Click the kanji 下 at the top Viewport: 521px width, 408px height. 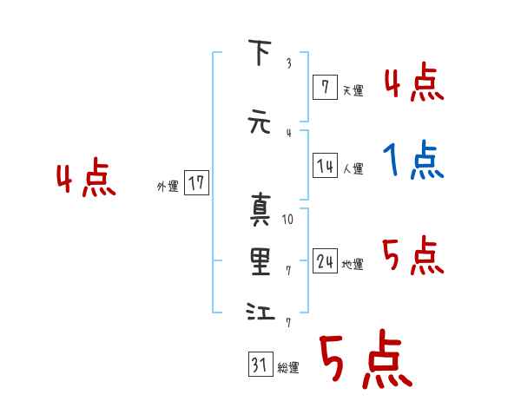[x=260, y=55]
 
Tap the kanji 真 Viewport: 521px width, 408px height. [x=260, y=209]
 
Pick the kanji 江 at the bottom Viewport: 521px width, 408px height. [x=260, y=312]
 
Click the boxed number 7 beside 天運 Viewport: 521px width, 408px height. [x=324, y=88]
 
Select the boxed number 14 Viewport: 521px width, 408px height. [x=325, y=166]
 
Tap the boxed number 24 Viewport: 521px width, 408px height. [x=325, y=261]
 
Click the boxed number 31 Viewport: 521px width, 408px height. [x=260, y=365]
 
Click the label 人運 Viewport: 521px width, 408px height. [x=353, y=168]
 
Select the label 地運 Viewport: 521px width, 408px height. [x=353, y=264]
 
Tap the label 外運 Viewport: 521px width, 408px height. [x=168, y=186]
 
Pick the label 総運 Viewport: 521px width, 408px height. [x=288, y=368]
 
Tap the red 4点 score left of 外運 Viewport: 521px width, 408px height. [x=86, y=181]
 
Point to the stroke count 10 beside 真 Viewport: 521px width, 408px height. [x=288, y=219]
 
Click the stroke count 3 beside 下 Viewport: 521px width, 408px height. [x=288, y=63]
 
